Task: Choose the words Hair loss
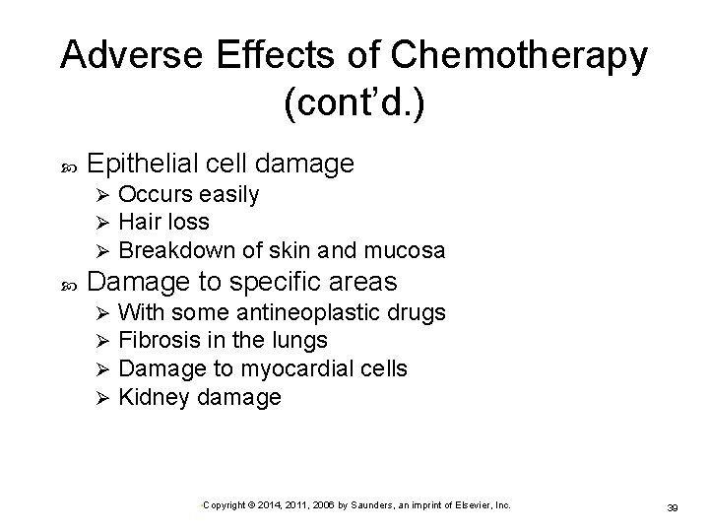[163, 223]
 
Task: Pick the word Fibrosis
[158, 341]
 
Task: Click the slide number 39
[675, 506]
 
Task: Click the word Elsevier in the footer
[472, 504]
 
